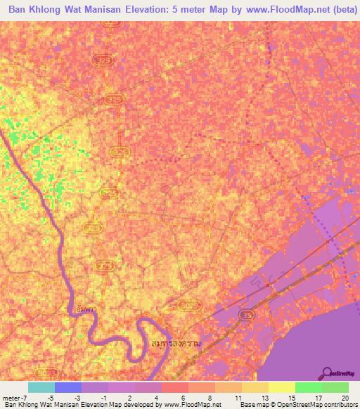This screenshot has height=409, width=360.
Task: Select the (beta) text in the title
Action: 336,10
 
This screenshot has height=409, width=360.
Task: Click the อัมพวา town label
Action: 88,309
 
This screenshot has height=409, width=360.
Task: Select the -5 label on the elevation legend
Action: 50,398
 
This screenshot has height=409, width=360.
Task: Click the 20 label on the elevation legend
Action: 344,398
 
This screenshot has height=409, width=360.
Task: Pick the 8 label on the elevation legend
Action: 210,398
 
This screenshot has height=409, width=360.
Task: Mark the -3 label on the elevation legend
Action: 77,398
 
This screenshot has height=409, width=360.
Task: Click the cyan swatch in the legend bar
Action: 41,387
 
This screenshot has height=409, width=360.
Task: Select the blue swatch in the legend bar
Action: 68,387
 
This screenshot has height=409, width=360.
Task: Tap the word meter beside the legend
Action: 10,398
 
